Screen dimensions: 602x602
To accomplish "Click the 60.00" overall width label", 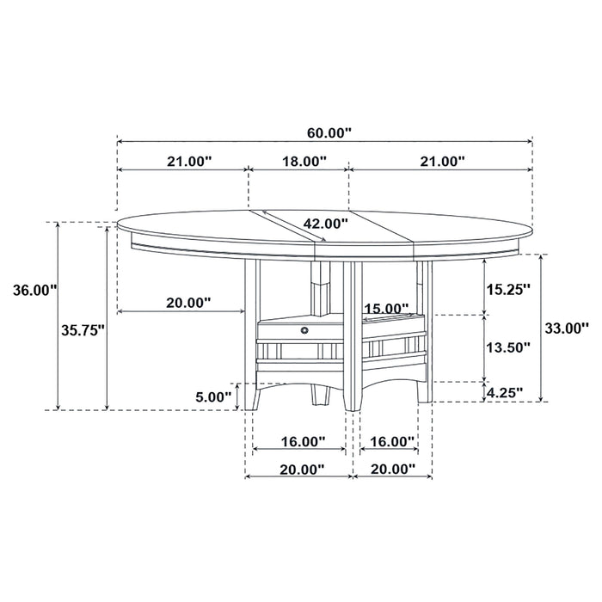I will tap(329, 132).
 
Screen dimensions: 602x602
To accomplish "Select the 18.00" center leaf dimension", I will tap(304, 161).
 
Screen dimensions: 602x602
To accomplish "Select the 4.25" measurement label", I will tap(505, 393).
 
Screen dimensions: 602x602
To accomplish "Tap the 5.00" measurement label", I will tap(212, 396).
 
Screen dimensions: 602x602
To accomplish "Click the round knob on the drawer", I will tap(304, 329).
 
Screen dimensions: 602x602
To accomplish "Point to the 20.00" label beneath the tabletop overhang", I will tap(187, 302).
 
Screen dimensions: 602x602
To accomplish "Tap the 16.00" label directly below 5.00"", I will tap(303, 441).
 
